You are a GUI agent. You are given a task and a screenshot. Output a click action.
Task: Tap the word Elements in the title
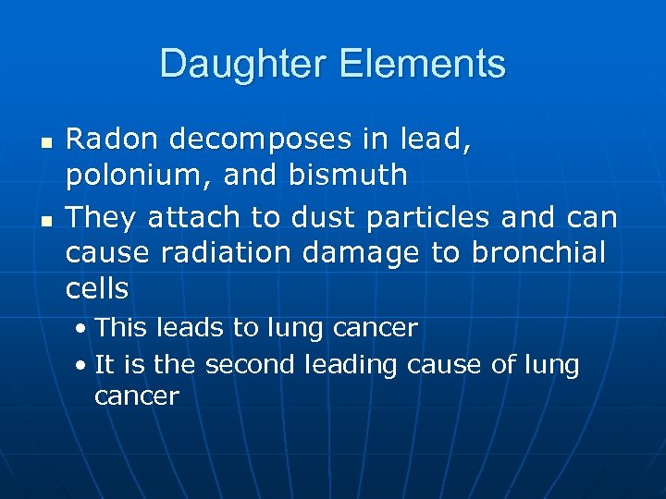tap(423, 65)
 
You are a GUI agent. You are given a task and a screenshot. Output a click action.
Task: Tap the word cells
tap(97, 289)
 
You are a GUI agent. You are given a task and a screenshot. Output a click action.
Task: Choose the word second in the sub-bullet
tap(246, 365)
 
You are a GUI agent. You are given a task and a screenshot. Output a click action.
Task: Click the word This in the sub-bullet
tap(115, 328)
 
